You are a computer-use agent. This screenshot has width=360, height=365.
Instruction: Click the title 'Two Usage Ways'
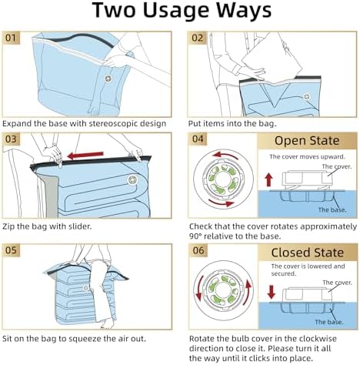(179, 12)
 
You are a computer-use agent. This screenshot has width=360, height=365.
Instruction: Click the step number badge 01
(12, 37)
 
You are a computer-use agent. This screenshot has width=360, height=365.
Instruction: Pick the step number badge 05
(12, 249)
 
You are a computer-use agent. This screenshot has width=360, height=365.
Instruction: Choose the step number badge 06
(198, 250)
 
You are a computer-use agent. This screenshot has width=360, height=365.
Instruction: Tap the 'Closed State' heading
(307, 252)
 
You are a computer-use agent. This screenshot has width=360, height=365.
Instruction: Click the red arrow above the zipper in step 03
(84, 155)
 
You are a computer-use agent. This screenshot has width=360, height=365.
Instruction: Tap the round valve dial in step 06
(222, 294)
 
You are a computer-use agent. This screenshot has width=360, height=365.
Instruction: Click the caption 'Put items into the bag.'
(233, 122)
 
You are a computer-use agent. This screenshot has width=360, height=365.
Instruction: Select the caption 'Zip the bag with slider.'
(48, 226)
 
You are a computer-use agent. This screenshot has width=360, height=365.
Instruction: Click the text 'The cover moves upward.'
(300, 156)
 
